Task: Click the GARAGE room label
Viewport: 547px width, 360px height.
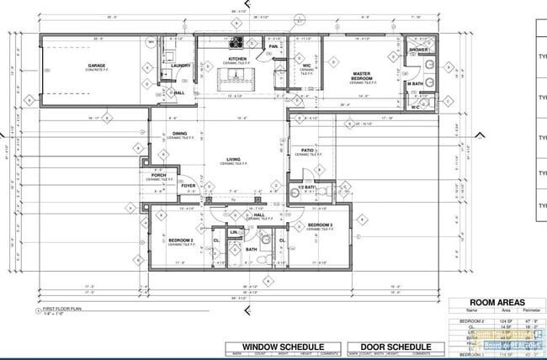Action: (103, 65)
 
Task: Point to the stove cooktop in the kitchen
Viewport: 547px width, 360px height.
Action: (237, 41)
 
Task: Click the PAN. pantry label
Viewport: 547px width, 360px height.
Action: (273, 46)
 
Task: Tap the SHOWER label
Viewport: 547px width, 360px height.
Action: (418, 50)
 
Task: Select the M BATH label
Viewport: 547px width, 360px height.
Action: (415, 83)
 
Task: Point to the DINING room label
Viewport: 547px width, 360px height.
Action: (180, 133)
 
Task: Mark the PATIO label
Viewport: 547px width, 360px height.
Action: (308, 151)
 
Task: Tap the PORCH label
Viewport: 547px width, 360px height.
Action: (158, 176)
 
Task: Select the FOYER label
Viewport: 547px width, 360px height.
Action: (188, 186)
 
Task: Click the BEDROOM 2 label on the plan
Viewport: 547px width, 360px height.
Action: (181, 240)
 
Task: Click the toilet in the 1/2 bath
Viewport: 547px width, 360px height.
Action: (293, 193)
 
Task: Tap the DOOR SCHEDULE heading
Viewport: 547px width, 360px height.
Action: (396, 347)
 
